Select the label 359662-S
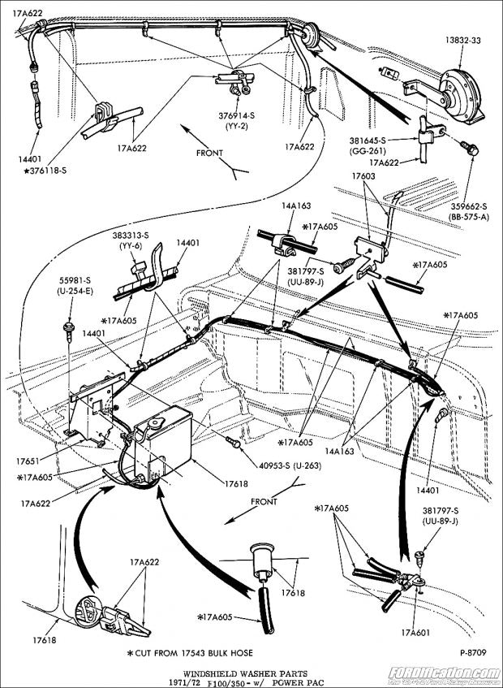(474, 206)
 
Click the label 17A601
(415, 632)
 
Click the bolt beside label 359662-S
(470, 149)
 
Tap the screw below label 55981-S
(68, 328)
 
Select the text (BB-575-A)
(474, 217)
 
